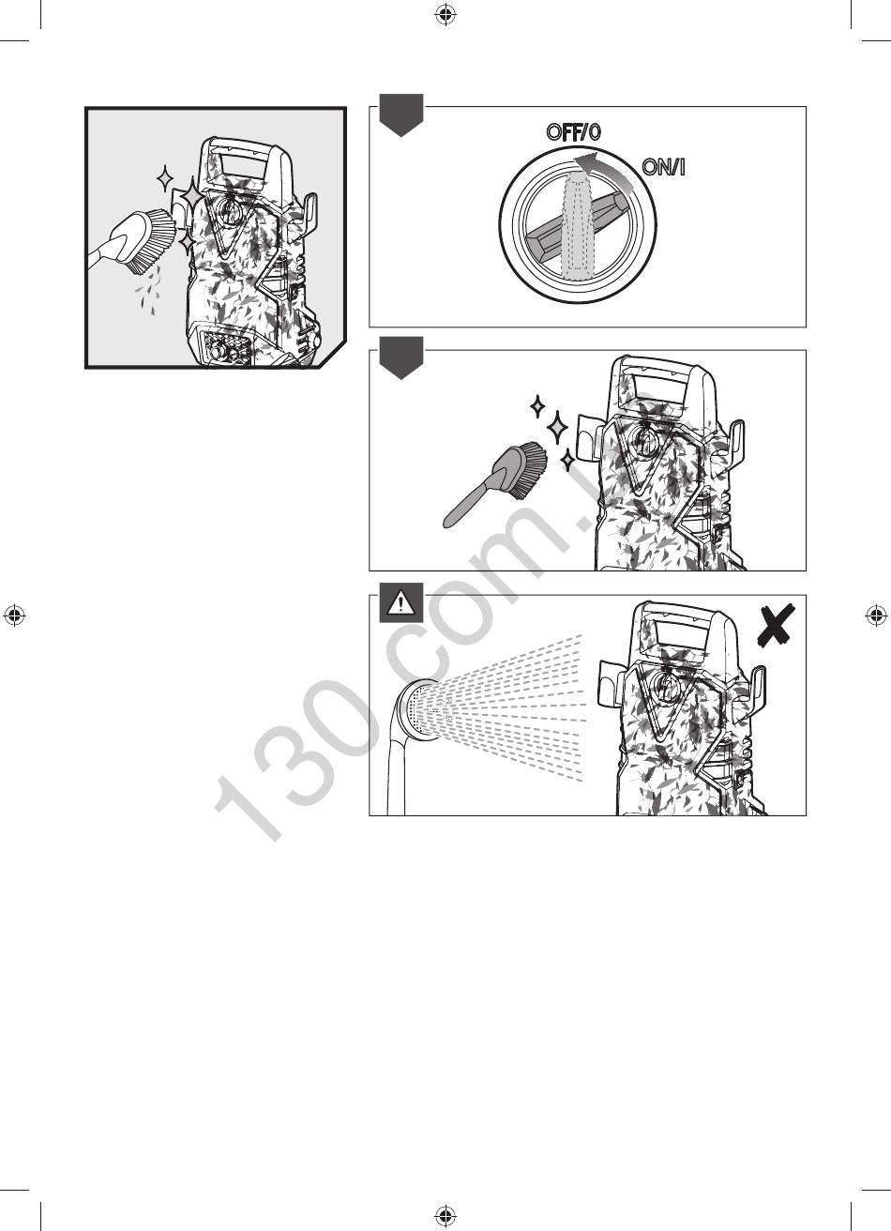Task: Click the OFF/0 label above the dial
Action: click(x=573, y=132)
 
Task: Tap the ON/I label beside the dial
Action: click(x=664, y=167)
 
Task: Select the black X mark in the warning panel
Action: click(x=775, y=626)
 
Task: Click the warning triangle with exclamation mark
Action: click(x=401, y=603)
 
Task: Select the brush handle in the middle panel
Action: click(x=472, y=498)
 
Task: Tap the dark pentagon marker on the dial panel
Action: click(x=401, y=114)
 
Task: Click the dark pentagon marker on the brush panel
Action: click(x=401, y=357)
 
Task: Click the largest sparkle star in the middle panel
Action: click(x=558, y=427)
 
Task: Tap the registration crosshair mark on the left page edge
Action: click(x=15, y=615)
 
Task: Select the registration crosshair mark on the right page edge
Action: click(x=876, y=615)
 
